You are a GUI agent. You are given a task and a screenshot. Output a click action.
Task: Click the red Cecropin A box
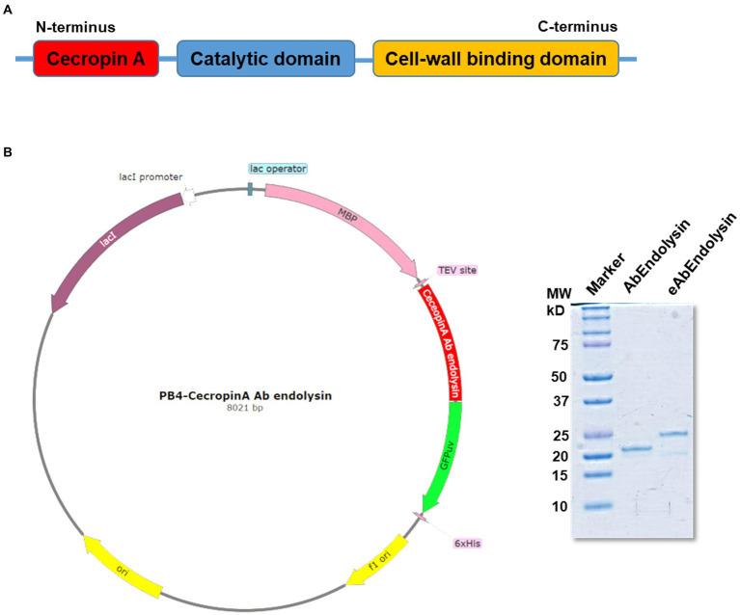click(x=96, y=60)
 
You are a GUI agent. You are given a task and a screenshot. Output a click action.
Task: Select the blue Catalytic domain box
click(x=264, y=60)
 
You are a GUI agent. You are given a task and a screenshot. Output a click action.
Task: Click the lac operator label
click(x=278, y=169)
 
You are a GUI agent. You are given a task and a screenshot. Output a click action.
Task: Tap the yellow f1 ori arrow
click(x=381, y=559)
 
